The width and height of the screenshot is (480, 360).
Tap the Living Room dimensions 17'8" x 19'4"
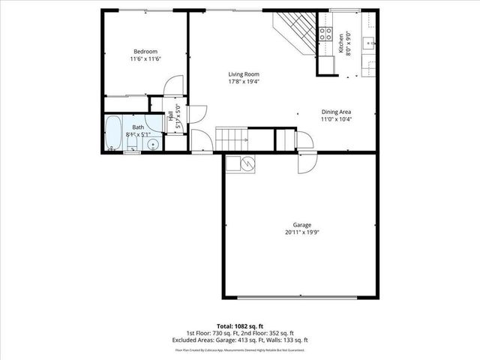point(244,82)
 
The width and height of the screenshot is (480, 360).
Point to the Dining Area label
point(336,112)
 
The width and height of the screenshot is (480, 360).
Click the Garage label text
point(302,224)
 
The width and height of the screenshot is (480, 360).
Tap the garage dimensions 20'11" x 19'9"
point(302,232)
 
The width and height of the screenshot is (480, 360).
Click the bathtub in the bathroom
point(115,133)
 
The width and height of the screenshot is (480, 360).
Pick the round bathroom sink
point(153,142)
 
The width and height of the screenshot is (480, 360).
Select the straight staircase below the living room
point(232,138)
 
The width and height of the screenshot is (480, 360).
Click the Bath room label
point(138,127)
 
